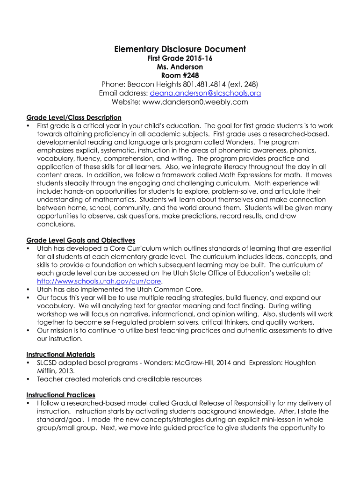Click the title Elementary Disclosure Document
coord(180,49)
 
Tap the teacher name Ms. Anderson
coord(180,67)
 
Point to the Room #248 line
coord(180,76)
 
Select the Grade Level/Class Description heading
coord(74,117)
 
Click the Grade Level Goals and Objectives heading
coord(80,240)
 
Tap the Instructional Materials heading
coord(61,355)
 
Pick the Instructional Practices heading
coord(61,395)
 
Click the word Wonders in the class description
coord(243,142)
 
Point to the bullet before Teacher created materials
coord(29,379)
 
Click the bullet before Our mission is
coord(29,331)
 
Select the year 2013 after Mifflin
coord(67,371)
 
